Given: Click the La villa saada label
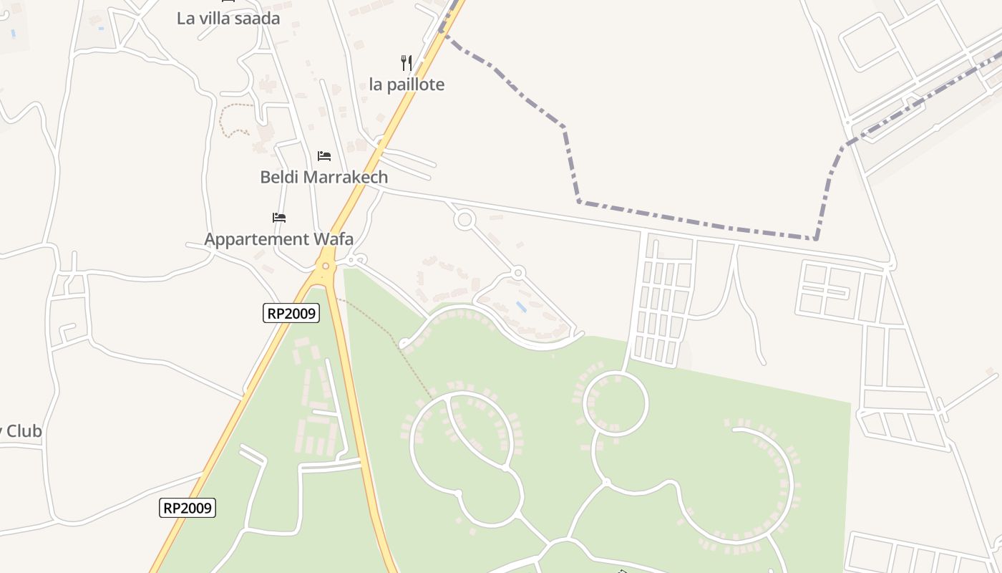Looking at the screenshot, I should [228, 19].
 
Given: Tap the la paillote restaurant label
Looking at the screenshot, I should [407, 85].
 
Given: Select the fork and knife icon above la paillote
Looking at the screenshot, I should [407, 63].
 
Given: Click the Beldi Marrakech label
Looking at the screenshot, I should [324, 177].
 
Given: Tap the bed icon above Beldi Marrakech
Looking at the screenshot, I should [324, 155].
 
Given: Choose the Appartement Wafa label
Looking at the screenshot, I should [278, 239].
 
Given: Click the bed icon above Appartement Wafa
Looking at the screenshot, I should [279, 217].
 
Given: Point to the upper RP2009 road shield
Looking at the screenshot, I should [291, 313].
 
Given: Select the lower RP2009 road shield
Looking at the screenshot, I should [187, 508].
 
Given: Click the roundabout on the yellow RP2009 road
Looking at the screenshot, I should [326, 266].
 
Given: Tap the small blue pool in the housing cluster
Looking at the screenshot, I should [522, 307].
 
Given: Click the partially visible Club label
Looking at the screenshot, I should [21, 431].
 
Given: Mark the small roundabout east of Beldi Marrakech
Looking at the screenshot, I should [464, 219].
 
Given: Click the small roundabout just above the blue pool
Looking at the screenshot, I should [518, 272].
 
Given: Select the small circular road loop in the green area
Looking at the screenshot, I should [616, 403].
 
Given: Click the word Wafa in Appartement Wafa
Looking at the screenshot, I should [334, 239].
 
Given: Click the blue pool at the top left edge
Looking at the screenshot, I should [12, 33].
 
